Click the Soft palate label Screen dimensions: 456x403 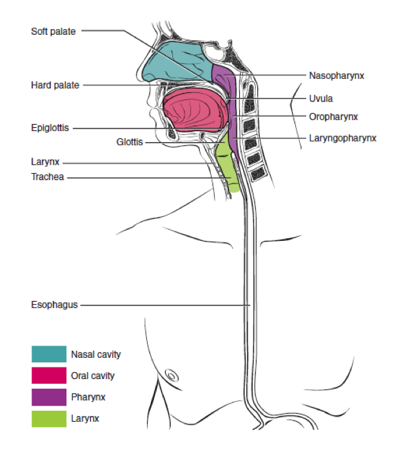(x=54, y=31)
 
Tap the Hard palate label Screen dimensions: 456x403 (x=55, y=85)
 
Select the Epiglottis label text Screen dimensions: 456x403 (x=50, y=129)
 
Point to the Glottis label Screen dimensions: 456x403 (x=130, y=142)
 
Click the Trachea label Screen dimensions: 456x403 (x=48, y=177)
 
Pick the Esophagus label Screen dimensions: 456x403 (x=54, y=304)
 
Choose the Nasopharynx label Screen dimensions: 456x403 (x=337, y=76)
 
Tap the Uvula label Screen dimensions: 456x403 (x=320, y=99)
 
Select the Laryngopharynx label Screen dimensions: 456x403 (x=342, y=138)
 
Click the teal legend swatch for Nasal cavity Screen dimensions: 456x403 (x=49, y=354)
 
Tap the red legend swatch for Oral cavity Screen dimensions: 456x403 (x=49, y=375)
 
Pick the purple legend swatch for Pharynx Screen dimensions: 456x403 (x=49, y=397)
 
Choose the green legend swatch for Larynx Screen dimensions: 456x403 (x=49, y=419)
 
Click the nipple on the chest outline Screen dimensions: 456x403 (x=172, y=374)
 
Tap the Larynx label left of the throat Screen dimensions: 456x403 (x=45, y=163)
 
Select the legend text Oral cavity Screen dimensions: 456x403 (x=93, y=375)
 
